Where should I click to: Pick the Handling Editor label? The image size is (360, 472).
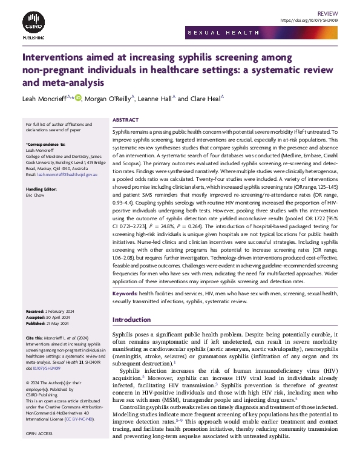(42, 189)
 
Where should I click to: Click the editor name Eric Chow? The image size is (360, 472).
(36, 195)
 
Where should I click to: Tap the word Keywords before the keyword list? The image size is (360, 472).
(125, 293)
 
